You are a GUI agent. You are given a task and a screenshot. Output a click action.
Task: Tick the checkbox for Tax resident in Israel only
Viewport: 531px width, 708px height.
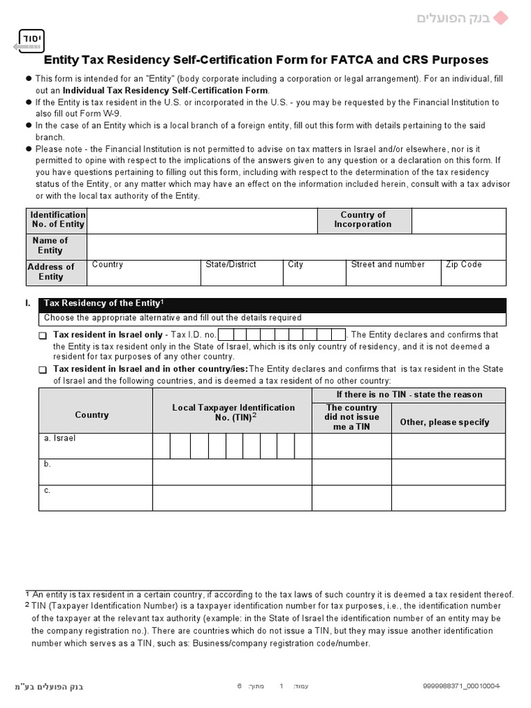(43, 335)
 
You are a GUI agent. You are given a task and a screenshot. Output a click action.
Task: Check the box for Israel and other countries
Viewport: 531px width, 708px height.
(43, 370)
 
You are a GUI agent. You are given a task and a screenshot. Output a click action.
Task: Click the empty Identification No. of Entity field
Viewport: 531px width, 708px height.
(202, 220)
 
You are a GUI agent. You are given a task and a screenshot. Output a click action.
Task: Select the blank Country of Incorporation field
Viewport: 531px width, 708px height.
(458, 220)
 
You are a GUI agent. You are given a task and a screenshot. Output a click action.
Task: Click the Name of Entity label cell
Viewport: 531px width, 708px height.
(50, 245)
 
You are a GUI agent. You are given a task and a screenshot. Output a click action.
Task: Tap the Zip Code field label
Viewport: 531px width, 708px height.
(464, 265)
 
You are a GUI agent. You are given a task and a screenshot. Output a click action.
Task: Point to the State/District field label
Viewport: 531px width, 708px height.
(231, 265)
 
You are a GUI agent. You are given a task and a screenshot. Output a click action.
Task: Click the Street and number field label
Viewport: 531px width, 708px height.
(388, 265)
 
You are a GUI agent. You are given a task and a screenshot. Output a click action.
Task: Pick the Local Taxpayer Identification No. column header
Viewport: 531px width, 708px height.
(233, 413)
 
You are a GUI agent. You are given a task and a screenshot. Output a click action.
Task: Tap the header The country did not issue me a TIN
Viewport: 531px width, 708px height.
(351, 418)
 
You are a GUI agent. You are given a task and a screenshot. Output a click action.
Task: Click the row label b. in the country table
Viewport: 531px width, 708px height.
(48, 465)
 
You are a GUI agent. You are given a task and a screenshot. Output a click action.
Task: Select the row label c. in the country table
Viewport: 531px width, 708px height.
(48, 490)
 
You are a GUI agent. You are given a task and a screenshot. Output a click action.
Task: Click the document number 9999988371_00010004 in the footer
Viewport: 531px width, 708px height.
(461, 687)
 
